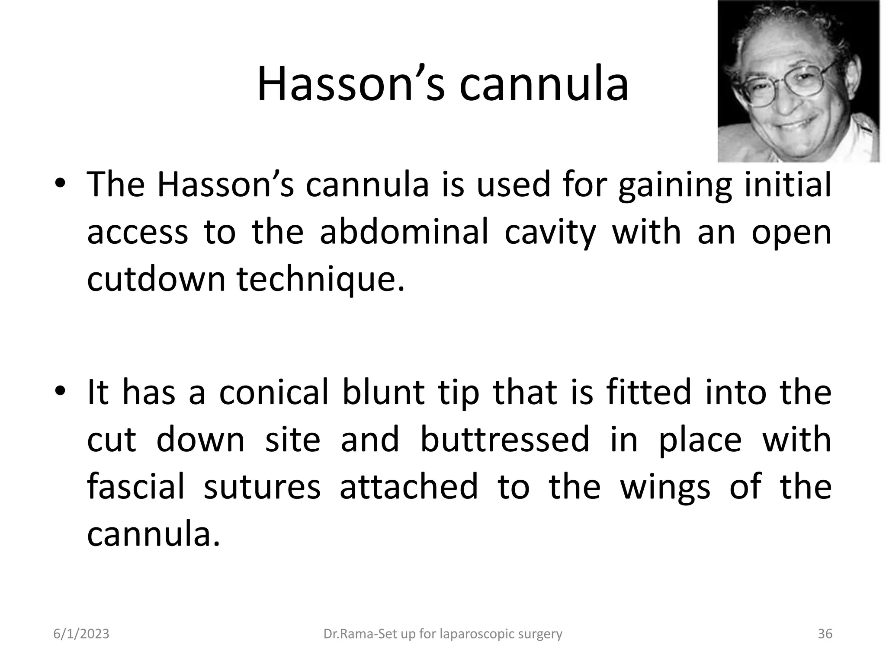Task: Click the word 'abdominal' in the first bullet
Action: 404,232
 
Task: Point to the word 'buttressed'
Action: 504,440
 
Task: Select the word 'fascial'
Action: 136,487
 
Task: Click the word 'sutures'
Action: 262,487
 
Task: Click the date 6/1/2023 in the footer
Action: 81,634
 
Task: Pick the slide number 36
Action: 825,634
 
